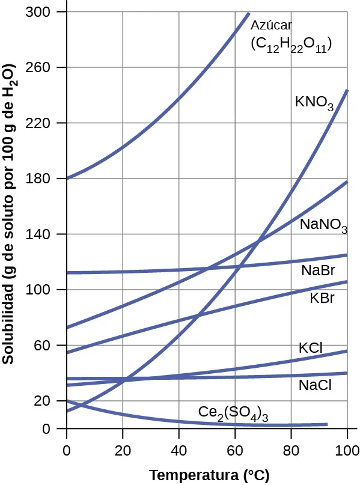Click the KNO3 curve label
(314, 102)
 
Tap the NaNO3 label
(323, 226)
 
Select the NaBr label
(318, 270)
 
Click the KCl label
(311, 348)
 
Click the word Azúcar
(270, 25)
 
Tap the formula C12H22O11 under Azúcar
(291, 44)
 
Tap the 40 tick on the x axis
(178, 449)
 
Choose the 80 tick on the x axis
(291, 449)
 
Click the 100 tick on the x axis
(347, 449)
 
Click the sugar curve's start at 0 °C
(67, 178)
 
